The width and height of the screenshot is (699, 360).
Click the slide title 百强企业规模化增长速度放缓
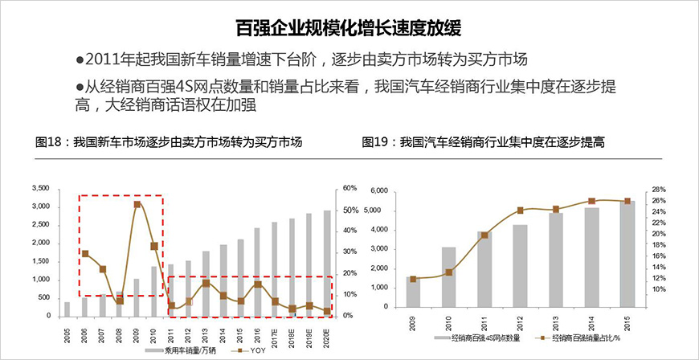(x=349, y=30)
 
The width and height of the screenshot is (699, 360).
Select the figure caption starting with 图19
(x=483, y=142)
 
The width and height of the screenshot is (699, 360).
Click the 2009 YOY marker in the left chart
(x=137, y=204)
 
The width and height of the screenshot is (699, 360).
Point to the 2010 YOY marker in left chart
(x=154, y=246)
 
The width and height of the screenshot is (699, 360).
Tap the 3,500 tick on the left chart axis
(x=39, y=188)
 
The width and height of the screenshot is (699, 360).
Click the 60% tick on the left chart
(x=349, y=188)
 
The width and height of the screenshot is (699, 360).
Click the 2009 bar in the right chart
(x=413, y=292)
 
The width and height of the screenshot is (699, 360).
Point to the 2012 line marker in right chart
(x=520, y=211)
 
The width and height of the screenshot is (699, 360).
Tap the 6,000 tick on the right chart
(x=378, y=190)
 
